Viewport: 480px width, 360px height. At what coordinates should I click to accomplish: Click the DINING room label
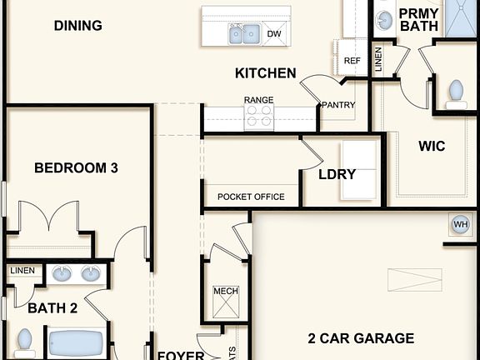point(78,26)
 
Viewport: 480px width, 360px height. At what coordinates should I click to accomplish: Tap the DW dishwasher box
point(273,33)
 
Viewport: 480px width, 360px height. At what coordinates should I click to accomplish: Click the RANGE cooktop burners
point(258,118)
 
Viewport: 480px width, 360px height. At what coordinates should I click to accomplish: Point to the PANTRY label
point(338,105)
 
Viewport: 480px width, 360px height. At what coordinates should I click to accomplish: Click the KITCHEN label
point(265,73)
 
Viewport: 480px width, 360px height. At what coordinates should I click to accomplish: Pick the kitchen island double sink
point(244,34)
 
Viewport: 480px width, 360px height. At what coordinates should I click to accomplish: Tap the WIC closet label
point(432,147)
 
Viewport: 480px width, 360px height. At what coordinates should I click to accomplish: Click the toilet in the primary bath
point(456,92)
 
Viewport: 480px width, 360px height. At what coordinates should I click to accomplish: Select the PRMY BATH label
point(418,20)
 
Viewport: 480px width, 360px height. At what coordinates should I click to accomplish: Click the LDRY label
point(337,175)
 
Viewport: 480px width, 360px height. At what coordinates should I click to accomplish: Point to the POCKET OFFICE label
point(251,197)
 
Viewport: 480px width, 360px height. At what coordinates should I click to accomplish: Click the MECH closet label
point(225,291)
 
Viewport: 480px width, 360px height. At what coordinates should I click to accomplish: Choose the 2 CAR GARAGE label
point(361,338)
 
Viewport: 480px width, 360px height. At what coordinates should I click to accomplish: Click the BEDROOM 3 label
point(76,168)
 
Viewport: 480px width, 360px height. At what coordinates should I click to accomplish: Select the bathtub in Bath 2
point(75,344)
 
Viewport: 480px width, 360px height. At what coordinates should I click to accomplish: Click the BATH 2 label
point(52,308)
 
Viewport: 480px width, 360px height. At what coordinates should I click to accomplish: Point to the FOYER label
point(181,354)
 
